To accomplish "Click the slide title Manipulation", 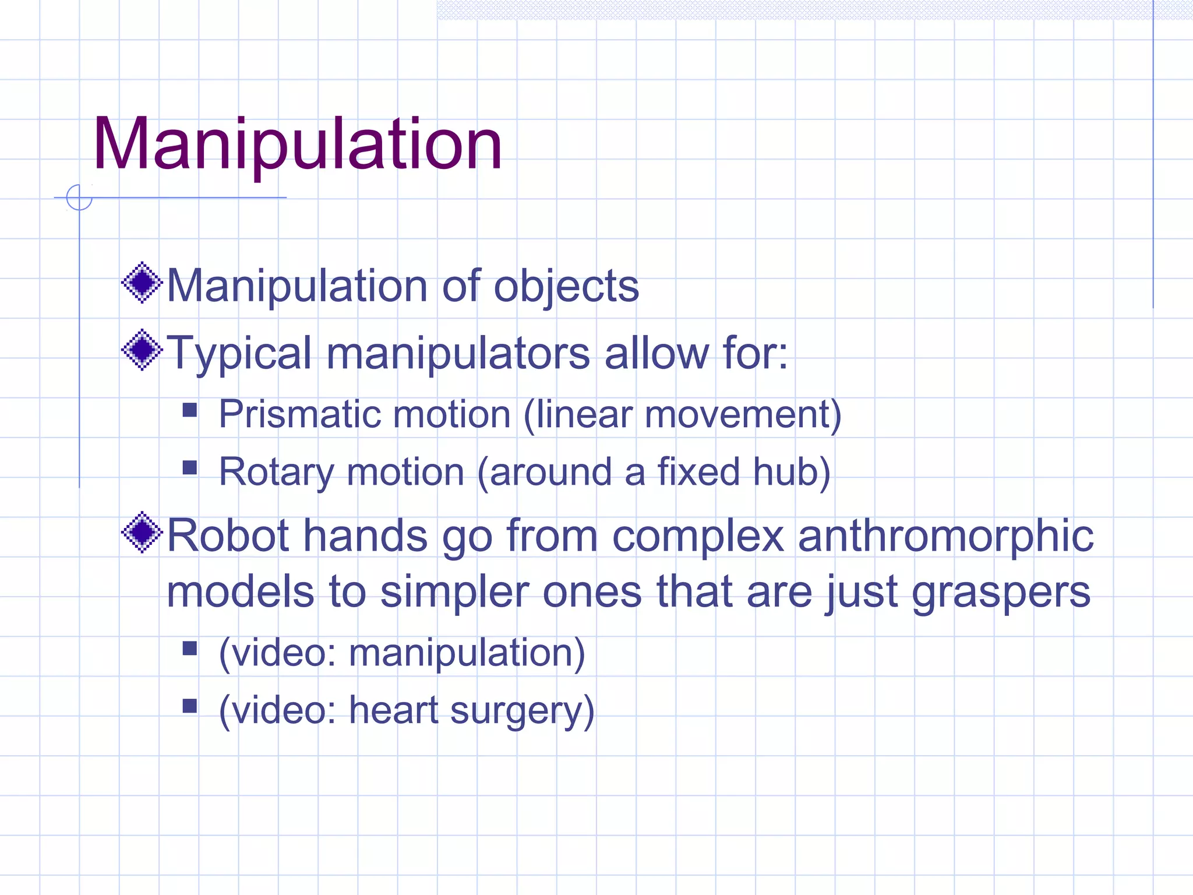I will pyautogui.click(x=297, y=144).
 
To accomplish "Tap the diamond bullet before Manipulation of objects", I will pyautogui.click(x=142, y=284).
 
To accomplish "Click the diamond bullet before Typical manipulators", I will pyautogui.click(x=142, y=350).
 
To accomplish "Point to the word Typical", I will pyautogui.click(x=239, y=354).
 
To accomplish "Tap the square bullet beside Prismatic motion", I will pyautogui.click(x=190, y=411).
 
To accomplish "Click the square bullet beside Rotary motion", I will pyautogui.click(x=190, y=468).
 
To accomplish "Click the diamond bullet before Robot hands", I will pyautogui.click(x=142, y=532).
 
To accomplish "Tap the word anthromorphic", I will pyautogui.click(x=945, y=536).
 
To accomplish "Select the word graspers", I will pyautogui.click(x=1001, y=593).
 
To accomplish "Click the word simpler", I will pyautogui.click(x=454, y=593).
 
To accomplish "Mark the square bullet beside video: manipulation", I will pyautogui.click(x=190, y=649).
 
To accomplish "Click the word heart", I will pyautogui.click(x=393, y=710).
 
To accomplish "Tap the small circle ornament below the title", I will pyautogui.click(x=79, y=198).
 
